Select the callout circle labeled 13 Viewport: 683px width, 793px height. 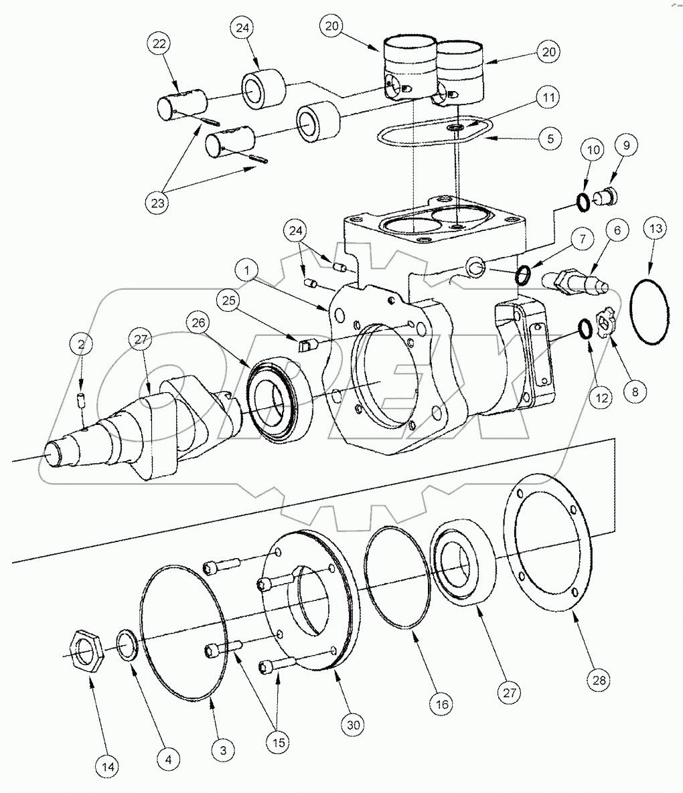(656, 229)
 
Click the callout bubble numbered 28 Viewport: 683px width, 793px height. (599, 680)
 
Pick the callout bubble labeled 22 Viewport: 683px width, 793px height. (158, 44)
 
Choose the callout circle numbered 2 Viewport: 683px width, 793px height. (82, 345)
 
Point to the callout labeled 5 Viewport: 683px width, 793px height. (550, 139)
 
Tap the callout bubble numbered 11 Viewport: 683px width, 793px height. (548, 98)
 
